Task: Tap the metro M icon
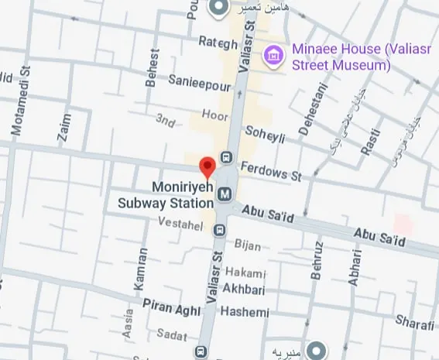click(225, 194)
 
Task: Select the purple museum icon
click(272, 54)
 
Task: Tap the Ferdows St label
click(270, 171)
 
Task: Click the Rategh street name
click(218, 43)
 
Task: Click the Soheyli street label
click(266, 133)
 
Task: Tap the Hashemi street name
click(245, 312)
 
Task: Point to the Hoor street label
click(214, 115)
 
